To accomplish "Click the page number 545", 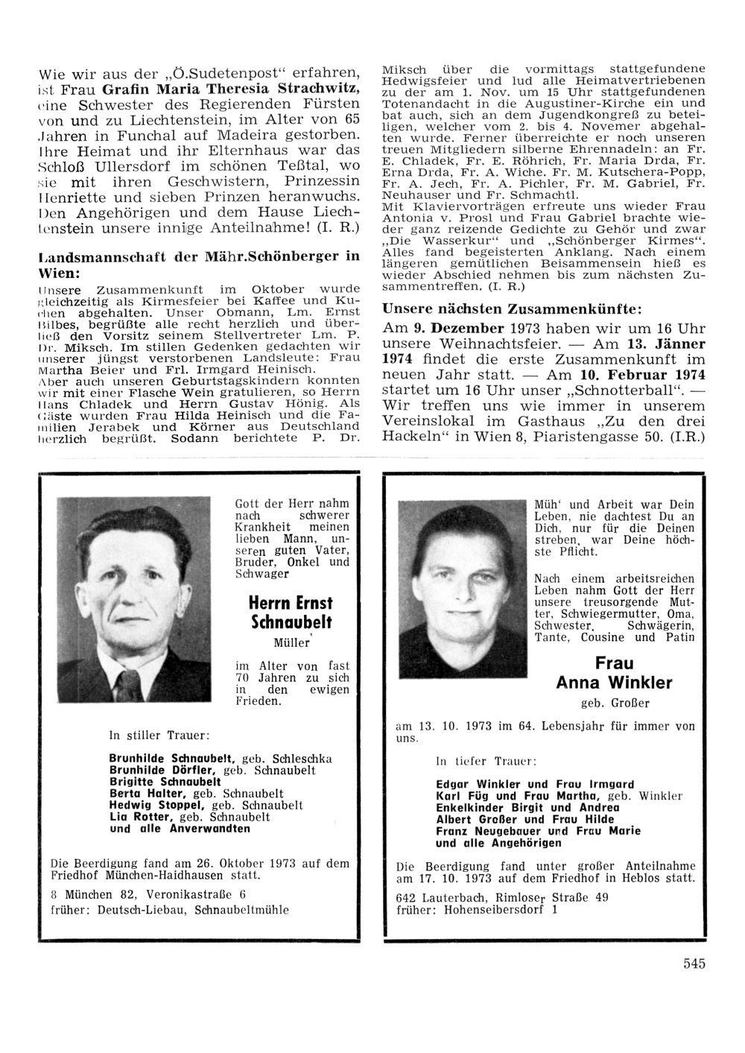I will point(694,964).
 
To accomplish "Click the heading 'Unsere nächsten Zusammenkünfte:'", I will point(511,309).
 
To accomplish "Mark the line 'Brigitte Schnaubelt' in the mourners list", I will point(165,782).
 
